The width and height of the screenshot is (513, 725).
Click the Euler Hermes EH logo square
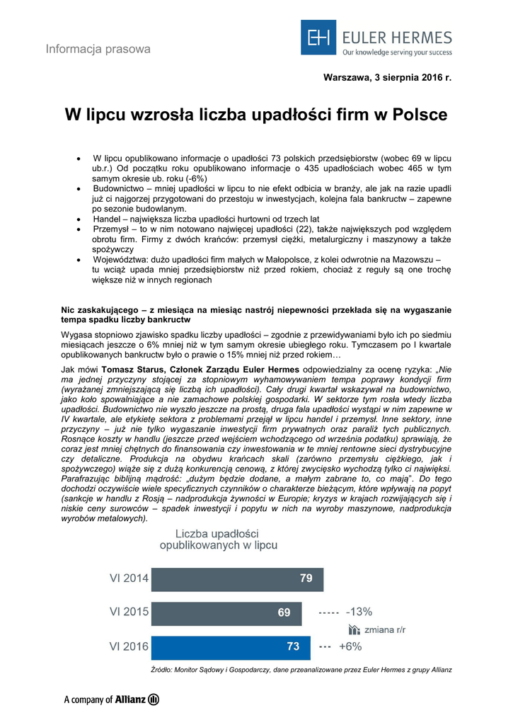(318, 38)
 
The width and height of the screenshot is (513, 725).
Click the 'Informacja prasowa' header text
(98, 49)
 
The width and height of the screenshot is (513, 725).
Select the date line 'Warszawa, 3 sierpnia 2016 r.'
(387, 76)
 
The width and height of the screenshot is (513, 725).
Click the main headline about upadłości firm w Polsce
(256, 115)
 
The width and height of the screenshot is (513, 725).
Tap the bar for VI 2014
(237, 578)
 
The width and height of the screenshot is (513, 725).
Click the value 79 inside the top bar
(306, 578)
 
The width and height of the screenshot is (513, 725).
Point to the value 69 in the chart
(284, 612)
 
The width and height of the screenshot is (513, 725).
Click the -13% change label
(359, 612)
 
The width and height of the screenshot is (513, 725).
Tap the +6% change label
(350, 646)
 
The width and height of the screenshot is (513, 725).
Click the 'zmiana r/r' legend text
(386, 629)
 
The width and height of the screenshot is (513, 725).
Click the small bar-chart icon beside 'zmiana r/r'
(355, 629)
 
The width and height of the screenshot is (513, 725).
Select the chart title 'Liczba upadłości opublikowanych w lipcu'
(219, 539)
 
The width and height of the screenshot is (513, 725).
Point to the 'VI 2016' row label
(129, 646)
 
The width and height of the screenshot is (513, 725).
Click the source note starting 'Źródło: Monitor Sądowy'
(301, 670)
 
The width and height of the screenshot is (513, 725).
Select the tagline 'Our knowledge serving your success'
(397, 52)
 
